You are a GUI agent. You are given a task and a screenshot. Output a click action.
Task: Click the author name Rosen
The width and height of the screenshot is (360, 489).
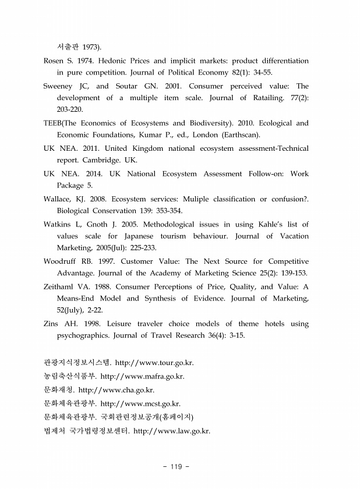(55, 61)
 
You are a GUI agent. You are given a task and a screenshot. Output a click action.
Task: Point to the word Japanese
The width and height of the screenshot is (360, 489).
(156, 236)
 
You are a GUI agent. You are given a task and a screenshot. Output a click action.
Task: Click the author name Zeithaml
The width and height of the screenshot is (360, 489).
(63, 286)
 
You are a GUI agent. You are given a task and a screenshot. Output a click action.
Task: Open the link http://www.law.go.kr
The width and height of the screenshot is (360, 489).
(172, 431)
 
